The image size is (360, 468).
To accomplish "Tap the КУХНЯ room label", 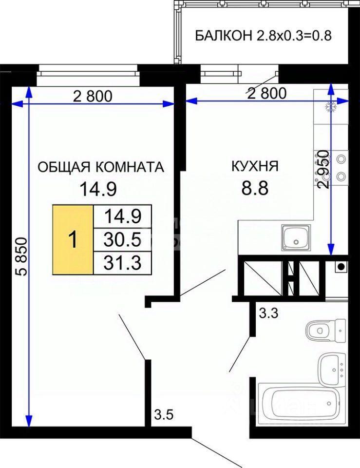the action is (x=255, y=166).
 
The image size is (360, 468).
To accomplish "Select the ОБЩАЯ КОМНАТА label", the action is (x=101, y=167).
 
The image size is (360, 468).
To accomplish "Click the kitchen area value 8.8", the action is (x=255, y=188).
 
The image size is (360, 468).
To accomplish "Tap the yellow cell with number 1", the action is (x=73, y=239).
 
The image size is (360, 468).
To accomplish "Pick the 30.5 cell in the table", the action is (x=122, y=239).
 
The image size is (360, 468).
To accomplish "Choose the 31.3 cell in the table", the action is (x=122, y=263).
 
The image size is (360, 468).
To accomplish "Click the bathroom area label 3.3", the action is (x=269, y=313).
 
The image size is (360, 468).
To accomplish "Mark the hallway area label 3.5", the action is (x=164, y=415).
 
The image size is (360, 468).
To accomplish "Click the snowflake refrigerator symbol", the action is (x=331, y=107).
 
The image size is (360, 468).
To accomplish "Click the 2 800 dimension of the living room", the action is (x=93, y=96).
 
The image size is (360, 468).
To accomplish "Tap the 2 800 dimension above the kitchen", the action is (x=267, y=93).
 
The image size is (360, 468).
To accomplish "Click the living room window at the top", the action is (x=89, y=75).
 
